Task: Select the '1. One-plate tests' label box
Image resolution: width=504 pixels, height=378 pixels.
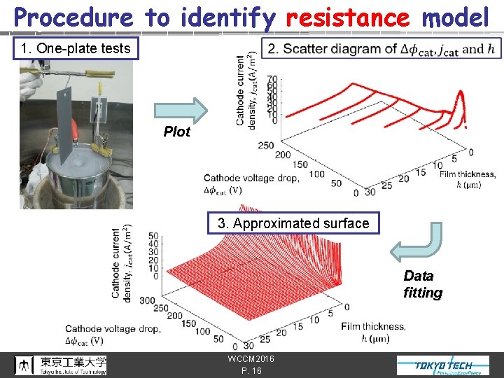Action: click(x=76, y=48)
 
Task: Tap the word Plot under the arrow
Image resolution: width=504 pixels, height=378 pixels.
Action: click(x=176, y=132)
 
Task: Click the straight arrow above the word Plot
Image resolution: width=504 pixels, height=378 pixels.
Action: click(x=181, y=109)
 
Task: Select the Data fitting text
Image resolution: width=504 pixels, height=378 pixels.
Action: click(x=419, y=284)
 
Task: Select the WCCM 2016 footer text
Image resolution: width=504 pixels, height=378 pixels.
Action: click(x=251, y=359)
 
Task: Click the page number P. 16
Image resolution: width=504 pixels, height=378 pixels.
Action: click(x=250, y=371)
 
